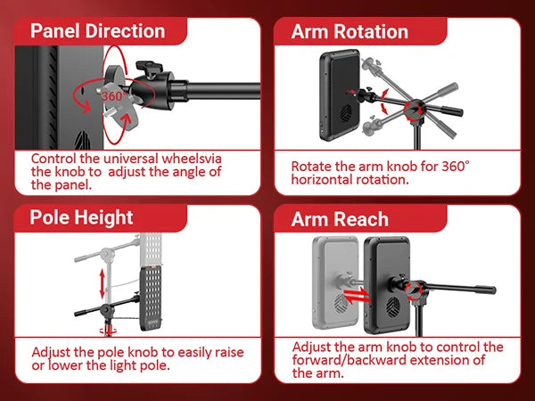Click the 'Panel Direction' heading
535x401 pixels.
point(97,30)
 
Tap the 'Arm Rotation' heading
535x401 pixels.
point(350,31)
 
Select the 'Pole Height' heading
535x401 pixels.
point(81,217)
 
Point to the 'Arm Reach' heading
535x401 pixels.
point(340,219)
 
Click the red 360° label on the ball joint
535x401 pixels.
point(114,96)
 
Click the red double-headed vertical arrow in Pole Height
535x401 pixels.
point(102,283)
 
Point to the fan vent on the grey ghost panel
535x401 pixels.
point(341,303)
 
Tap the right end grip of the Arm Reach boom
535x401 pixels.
point(486,290)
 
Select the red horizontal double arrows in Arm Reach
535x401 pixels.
point(357,296)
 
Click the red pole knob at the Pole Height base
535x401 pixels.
point(108,330)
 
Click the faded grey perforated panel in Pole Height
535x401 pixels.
point(150,249)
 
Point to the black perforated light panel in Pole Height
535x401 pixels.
point(151,299)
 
